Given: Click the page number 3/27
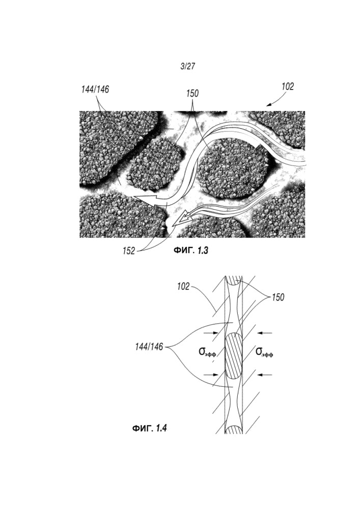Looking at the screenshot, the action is tap(188, 67).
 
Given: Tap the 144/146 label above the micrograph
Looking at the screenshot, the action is tap(95, 90).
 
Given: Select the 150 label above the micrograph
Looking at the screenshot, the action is tap(192, 94).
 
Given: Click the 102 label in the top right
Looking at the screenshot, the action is tap(288, 87).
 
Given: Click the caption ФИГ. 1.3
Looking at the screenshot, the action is tap(191, 250).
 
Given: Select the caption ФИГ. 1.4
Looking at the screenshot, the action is tap(149, 429).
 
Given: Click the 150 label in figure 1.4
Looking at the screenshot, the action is tap(278, 297).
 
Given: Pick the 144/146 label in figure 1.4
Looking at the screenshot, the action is tap(149, 347).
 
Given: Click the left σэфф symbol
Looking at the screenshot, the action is tap(207, 352).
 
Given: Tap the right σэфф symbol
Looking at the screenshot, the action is tap(264, 352).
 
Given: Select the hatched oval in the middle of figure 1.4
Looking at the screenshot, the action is tap(234, 355).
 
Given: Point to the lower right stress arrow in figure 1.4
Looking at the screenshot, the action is tap(264, 375).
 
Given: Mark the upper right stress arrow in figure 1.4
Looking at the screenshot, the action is tap(264, 333).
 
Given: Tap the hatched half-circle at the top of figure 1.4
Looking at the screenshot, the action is tap(234, 280).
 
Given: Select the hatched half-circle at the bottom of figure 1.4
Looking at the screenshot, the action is tap(234, 430).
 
